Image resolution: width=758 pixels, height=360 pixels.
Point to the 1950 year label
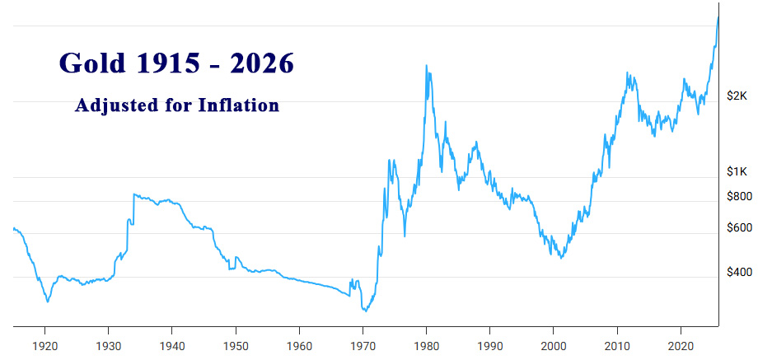click(x=236, y=345)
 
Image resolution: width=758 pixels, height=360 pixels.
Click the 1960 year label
click(x=299, y=345)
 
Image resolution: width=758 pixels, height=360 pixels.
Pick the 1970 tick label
click(x=363, y=345)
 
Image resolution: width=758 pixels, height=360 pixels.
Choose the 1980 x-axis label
click(x=426, y=345)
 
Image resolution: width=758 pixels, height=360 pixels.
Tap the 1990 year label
click(x=490, y=345)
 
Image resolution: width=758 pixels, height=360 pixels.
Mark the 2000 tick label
click(x=554, y=345)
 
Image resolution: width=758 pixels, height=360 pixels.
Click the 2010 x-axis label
click(x=617, y=345)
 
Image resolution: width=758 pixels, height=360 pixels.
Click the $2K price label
click(x=737, y=96)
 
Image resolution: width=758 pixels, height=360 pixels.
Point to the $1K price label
click(x=737, y=171)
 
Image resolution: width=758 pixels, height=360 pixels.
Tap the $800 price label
click(x=737, y=196)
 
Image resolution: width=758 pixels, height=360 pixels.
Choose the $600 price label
click(x=737, y=228)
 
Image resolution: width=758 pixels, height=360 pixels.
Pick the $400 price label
click(x=737, y=272)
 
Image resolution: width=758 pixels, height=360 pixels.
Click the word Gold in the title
click(x=91, y=63)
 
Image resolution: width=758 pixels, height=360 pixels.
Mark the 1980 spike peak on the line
click(x=426, y=66)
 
